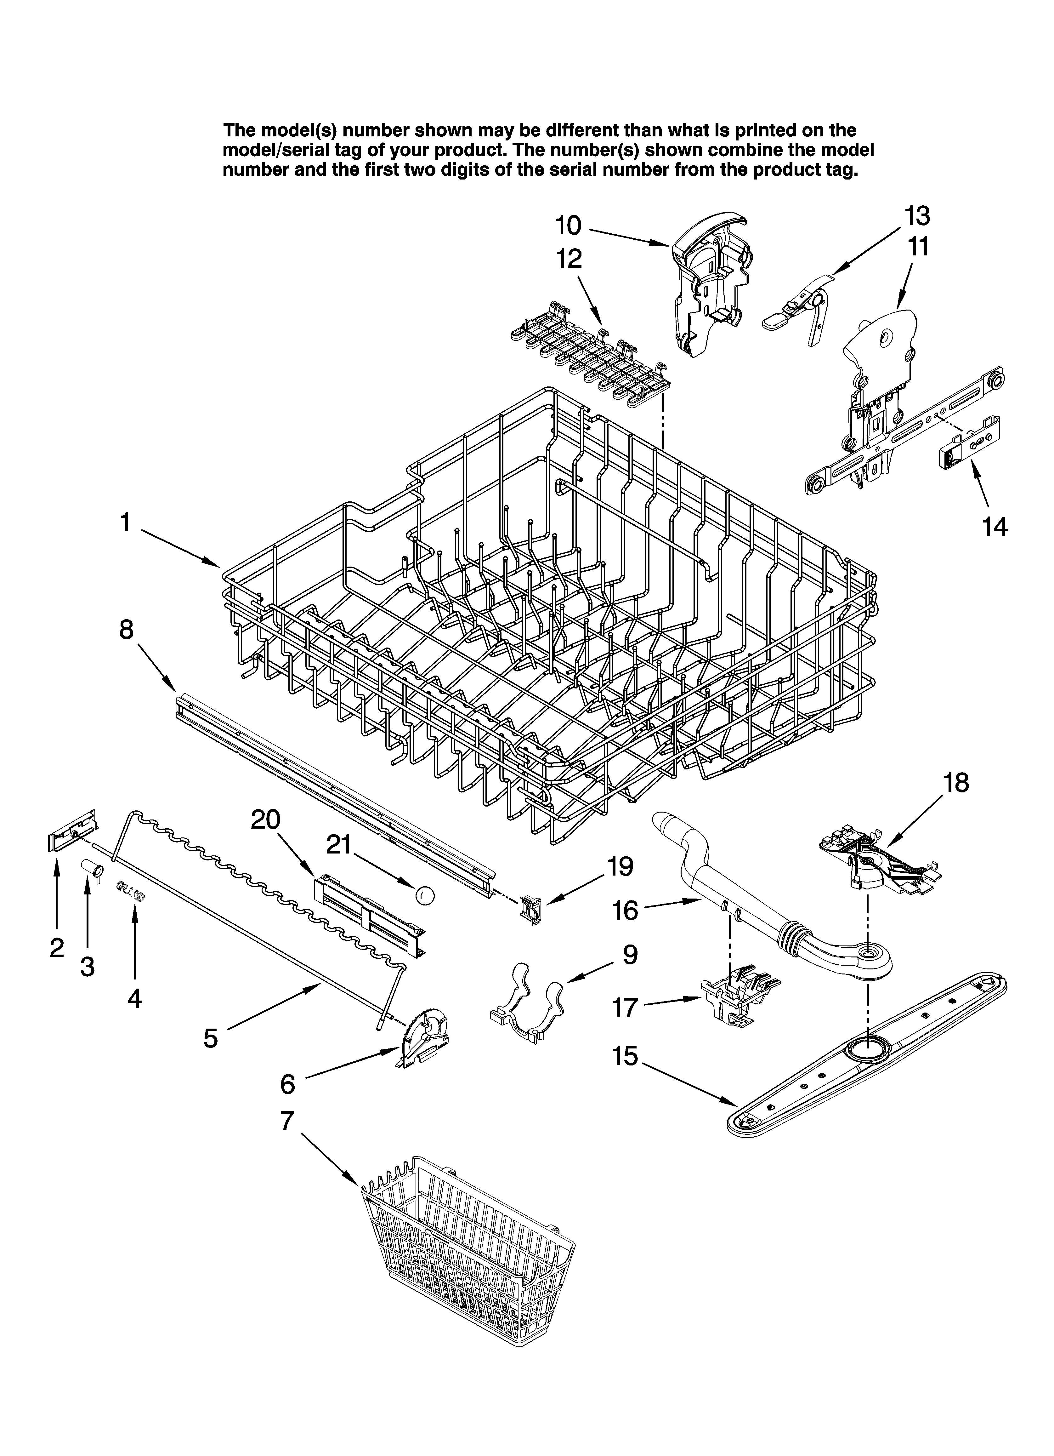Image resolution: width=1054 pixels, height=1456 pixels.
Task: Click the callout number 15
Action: [x=626, y=1056]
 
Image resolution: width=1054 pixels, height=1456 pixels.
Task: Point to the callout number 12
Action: [x=569, y=259]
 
